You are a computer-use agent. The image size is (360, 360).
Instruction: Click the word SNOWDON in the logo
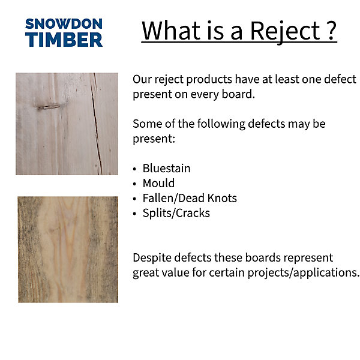coord(64,24)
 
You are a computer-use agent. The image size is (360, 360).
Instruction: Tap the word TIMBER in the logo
coord(64,40)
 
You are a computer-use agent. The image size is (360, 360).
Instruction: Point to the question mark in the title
coord(331,31)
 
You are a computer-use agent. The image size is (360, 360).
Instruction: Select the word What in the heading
coord(171,31)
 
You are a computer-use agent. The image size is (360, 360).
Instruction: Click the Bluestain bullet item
coord(166,168)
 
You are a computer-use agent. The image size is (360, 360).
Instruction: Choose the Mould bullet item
coord(158,183)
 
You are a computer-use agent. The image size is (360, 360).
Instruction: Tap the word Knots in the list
coord(222,198)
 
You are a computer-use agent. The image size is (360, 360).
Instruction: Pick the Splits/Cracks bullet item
coord(176,213)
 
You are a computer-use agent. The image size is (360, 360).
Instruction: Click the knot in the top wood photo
coord(49,107)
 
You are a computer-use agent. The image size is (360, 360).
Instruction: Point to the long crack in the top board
coord(97,124)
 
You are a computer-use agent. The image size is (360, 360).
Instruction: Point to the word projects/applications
coord(302,273)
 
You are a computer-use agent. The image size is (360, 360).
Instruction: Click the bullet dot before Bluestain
coord(134,169)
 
